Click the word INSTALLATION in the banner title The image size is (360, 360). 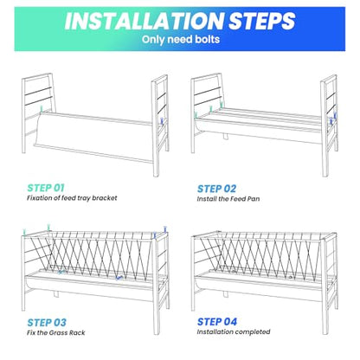pyautogui.click(x=145, y=21)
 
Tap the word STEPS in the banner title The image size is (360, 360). pyautogui.click(x=262, y=21)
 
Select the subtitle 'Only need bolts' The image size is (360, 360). pyautogui.click(x=181, y=40)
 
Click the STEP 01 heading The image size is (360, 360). pyautogui.click(x=46, y=188)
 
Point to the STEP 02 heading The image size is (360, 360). pyautogui.click(x=216, y=189)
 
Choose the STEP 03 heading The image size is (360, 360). pyautogui.click(x=47, y=323)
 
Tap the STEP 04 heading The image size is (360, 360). pyautogui.click(x=217, y=322)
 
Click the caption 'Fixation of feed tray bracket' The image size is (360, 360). pyautogui.click(x=72, y=198)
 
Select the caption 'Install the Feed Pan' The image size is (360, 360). pyautogui.click(x=228, y=199)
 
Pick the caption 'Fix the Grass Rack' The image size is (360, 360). pyautogui.click(x=56, y=332)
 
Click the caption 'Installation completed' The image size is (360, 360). pyautogui.click(x=234, y=331)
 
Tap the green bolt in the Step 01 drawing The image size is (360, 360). pyautogui.click(x=42, y=109)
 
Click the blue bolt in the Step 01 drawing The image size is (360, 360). pyautogui.click(x=163, y=121)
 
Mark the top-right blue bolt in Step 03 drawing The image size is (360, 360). pyautogui.click(x=165, y=229)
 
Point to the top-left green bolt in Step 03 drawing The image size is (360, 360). pyautogui.click(x=25, y=232)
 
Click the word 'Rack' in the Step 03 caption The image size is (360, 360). pyautogui.click(x=77, y=332)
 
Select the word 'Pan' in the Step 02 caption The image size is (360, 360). pyautogui.click(x=254, y=199)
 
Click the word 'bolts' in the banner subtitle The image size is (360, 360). pyautogui.click(x=207, y=40)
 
